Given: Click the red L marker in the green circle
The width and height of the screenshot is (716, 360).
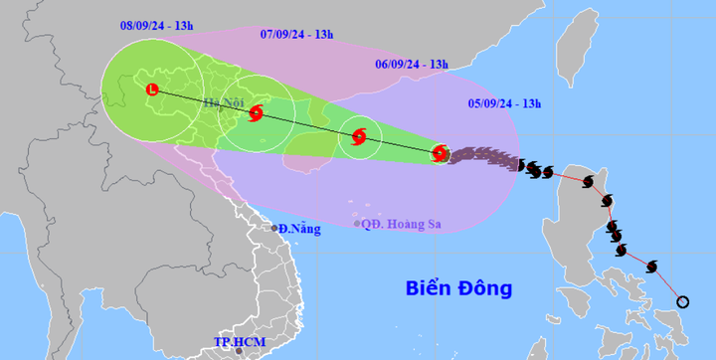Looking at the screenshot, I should point(151,90).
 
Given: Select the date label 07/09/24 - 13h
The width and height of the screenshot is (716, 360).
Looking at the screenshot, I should point(297,34).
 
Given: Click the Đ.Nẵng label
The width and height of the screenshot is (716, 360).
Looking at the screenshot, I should point(300,229).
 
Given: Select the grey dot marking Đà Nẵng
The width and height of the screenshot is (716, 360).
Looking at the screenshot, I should point(274,229).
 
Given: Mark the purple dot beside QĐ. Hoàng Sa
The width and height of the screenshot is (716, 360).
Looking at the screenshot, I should point(357,224).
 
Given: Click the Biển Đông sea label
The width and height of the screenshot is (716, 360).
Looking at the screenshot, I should point(458,288).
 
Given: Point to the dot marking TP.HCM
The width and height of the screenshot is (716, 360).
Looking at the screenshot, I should point(239,351).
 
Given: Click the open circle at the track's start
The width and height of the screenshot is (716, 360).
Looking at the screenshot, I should point(682,301).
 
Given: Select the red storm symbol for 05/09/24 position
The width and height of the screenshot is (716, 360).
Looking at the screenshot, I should point(440,153).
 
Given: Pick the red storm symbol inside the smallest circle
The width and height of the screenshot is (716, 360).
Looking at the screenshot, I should point(359,136).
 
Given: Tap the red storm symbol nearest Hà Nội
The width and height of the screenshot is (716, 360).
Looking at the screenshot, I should point(257,113).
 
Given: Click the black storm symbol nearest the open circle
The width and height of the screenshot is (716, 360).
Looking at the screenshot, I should point(652,266).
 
